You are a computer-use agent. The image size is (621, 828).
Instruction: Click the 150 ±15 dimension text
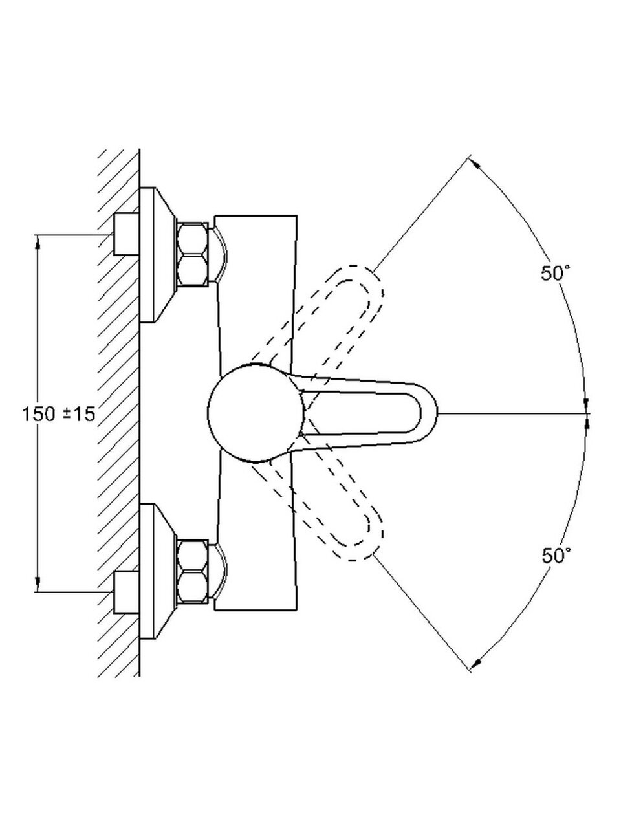point(58,414)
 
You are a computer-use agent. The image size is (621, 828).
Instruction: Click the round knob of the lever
point(256,413)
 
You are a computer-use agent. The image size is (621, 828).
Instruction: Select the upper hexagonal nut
point(192,254)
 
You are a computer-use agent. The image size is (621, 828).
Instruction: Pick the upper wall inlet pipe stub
point(127,234)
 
